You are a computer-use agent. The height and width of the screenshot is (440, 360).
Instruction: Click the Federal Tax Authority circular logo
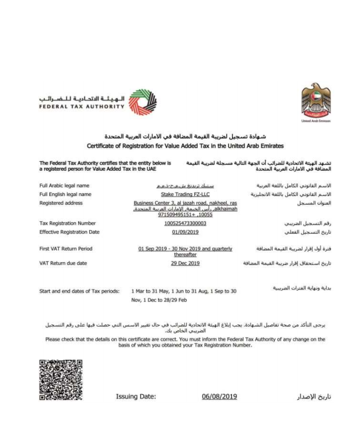pyautogui.click(x=139, y=102)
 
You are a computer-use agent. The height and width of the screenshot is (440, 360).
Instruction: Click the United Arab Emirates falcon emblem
pyautogui.click(x=316, y=100)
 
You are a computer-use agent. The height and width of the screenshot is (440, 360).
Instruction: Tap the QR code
pyautogui.click(x=61, y=379)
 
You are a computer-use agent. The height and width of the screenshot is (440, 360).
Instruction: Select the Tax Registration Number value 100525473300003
pyautogui.click(x=185, y=223)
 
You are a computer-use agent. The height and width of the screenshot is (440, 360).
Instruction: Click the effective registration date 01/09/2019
pyautogui.click(x=185, y=232)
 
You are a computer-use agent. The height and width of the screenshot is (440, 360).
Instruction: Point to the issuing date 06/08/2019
pyautogui.click(x=219, y=396)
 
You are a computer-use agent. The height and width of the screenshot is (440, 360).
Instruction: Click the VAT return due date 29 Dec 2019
pyautogui.click(x=185, y=263)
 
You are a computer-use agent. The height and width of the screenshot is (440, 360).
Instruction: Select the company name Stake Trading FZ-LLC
pyautogui.click(x=185, y=194)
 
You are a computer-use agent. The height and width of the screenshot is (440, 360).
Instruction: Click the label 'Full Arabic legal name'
pyautogui.click(x=65, y=186)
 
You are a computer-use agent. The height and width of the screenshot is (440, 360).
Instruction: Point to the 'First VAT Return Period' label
pyautogui.click(x=66, y=249)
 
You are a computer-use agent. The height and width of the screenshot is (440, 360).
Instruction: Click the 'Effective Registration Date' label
pyautogui.click(x=69, y=232)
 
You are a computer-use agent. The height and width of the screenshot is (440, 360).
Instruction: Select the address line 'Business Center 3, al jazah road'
pyautogui.click(x=185, y=203)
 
